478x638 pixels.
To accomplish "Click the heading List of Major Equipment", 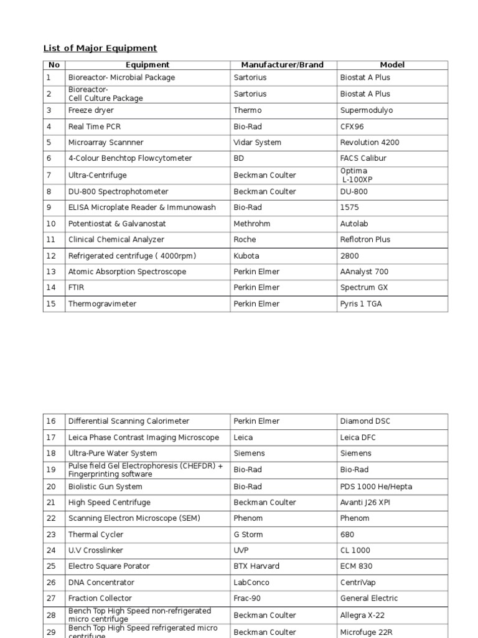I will (x=100, y=48).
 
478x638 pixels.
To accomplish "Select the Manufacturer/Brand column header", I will (x=282, y=65).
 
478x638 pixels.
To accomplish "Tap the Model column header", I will (x=392, y=65).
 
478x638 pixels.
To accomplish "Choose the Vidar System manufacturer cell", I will (x=257, y=143).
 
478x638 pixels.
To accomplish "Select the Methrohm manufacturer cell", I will (x=251, y=223).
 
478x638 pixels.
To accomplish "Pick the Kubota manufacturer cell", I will (x=246, y=256).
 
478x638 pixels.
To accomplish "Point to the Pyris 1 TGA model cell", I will (x=361, y=304).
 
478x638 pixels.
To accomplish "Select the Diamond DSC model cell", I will (x=366, y=421).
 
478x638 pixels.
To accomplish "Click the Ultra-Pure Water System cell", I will (x=113, y=454).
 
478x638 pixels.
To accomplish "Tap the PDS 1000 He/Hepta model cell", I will (x=376, y=487).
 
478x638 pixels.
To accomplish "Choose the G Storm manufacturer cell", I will (x=249, y=535).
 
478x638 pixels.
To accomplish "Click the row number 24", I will (x=51, y=551).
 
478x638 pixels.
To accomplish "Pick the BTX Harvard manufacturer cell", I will (x=256, y=566).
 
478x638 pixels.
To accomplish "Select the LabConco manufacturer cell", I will (x=252, y=583).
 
